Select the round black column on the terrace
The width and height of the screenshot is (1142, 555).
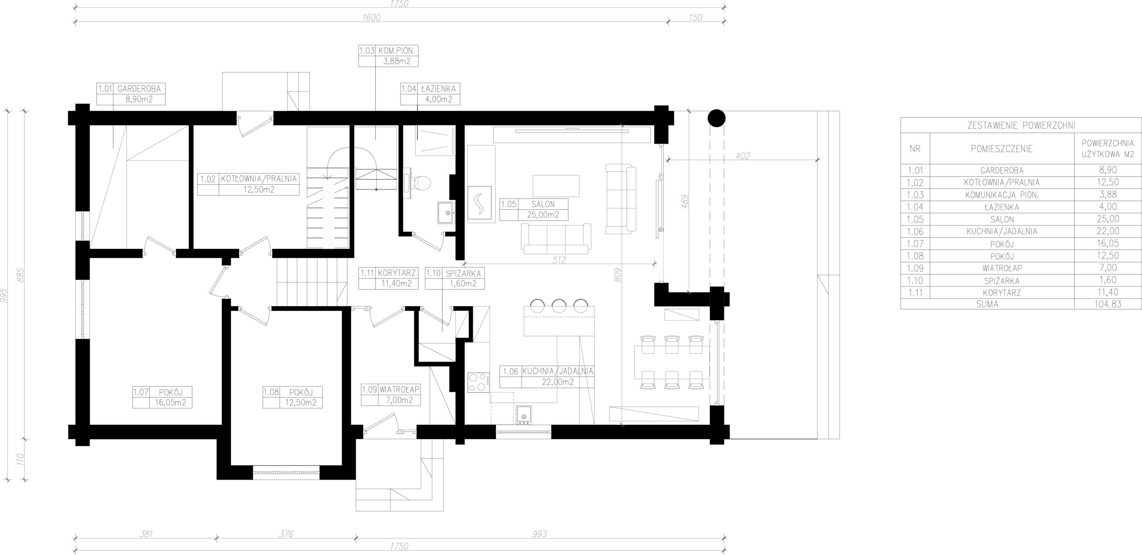click(x=716, y=118)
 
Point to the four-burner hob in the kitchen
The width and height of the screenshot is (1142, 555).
click(x=478, y=382)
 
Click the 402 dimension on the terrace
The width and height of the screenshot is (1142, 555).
click(x=743, y=156)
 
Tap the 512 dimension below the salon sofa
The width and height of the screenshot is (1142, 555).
click(x=559, y=260)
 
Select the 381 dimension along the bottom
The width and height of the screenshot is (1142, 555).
click(x=146, y=534)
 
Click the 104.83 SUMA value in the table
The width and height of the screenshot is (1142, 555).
click(x=1108, y=304)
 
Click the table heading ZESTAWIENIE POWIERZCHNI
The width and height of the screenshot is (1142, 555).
click(x=1021, y=126)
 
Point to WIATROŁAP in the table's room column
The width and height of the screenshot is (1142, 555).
click(x=1001, y=268)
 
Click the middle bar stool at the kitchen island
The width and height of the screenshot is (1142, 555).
click(x=559, y=306)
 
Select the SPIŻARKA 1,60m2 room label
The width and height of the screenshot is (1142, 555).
click(x=455, y=278)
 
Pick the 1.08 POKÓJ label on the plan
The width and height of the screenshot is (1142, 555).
click(x=292, y=398)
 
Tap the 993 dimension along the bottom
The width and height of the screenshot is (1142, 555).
click(x=539, y=534)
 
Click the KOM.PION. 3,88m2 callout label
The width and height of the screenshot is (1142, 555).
click(x=389, y=55)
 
